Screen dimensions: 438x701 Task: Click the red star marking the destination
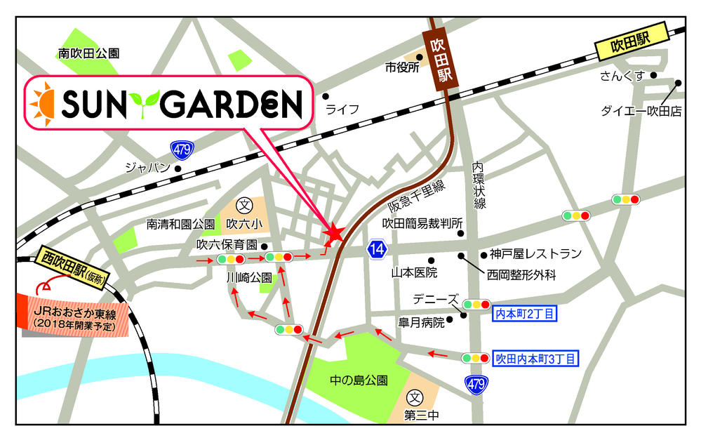pyautogui.click(x=334, y=233)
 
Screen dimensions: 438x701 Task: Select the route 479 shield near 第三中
pyautogui.click(x=476, y=385)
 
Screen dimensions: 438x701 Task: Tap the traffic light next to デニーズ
pyautogui.click(x=476, y=305)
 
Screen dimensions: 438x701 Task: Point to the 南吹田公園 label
pyautogui.click(x=89, y=53)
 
